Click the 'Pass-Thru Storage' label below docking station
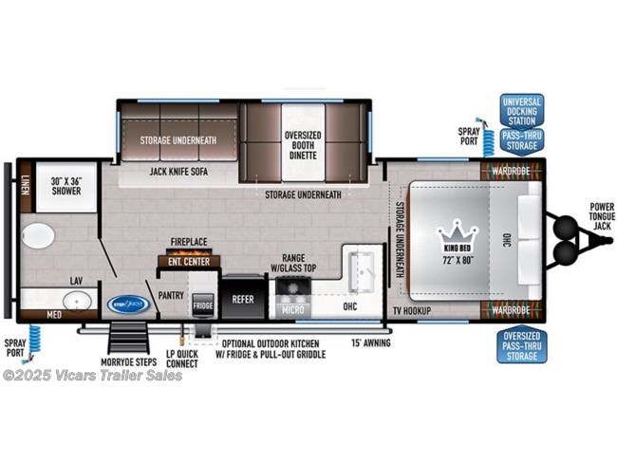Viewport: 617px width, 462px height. pyautogui.click(x=521, y=140)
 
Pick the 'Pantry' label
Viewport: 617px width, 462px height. pyautogui.click(x=170, y=295)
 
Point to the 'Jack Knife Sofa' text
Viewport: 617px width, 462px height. pyautogui.click(x=178, y=173)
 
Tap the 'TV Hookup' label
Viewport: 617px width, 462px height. pyautogui.click(x=412, y=311)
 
